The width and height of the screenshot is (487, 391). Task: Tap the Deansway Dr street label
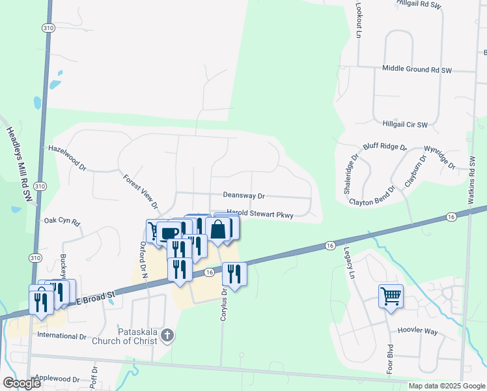point(244,195)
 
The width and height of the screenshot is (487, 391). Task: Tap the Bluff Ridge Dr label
point(385,147)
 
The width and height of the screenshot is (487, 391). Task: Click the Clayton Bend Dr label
point(372,202)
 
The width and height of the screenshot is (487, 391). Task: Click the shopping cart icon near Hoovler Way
point(391,297)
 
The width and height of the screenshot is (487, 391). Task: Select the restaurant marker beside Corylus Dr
point(234,274)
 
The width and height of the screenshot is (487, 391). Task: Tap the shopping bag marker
point(218,229)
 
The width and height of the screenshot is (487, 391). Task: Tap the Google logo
point(22,383)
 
